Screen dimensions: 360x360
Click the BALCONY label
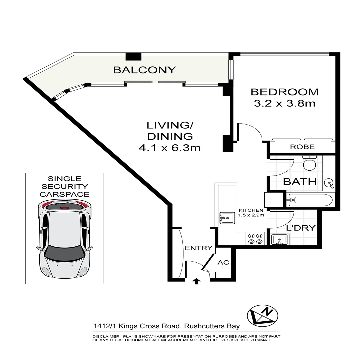144,70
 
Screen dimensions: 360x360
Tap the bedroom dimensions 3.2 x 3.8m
284,103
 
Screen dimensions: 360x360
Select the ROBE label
302,147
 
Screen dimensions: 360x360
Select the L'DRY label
301,228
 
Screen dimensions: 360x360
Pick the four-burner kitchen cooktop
255,238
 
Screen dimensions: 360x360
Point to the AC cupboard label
223,262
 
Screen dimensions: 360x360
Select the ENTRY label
199,248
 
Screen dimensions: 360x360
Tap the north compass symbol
262,315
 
